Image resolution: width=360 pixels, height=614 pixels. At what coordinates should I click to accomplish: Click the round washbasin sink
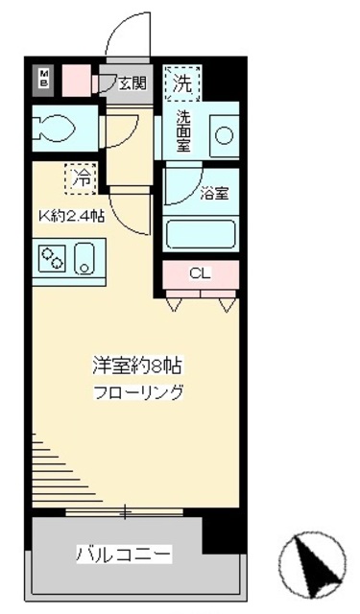click(x=224, y=136)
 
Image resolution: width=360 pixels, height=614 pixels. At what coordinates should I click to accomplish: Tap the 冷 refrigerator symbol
click(x=82, y=177)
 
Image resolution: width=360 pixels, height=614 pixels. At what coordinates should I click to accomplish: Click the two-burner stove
click(x=51, y=259)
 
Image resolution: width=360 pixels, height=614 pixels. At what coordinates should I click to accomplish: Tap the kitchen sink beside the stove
click(x=84, y=260)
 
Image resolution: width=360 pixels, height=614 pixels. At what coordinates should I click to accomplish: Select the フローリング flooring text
click(x=138, y=392)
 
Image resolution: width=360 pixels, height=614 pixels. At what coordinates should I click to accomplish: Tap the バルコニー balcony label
click(x=124, y=555)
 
